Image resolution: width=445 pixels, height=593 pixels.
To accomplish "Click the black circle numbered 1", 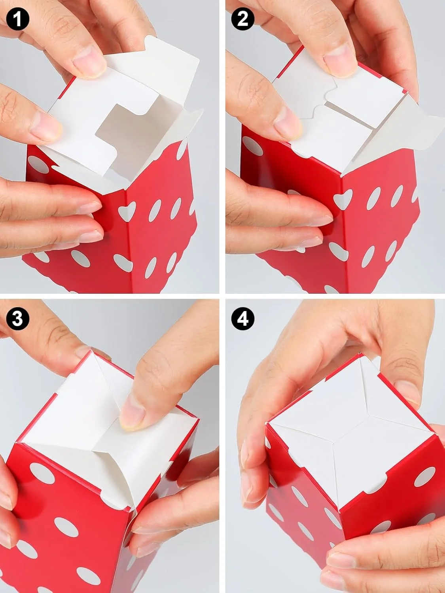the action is tap(17, 19).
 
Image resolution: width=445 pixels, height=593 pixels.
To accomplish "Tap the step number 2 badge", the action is tap(242, 19).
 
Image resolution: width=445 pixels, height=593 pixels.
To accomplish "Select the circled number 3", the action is tap(17, 318).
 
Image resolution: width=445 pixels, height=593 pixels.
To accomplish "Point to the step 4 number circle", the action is tap(242, 318).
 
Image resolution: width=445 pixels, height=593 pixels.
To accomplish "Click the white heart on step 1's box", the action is tap(127, 211).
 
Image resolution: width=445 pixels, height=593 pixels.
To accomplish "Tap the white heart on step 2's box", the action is tap(343, 199).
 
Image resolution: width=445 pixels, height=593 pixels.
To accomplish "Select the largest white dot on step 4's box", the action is tap(426, 477).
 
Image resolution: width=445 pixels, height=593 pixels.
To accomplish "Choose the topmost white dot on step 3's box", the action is tap(42, 473).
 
